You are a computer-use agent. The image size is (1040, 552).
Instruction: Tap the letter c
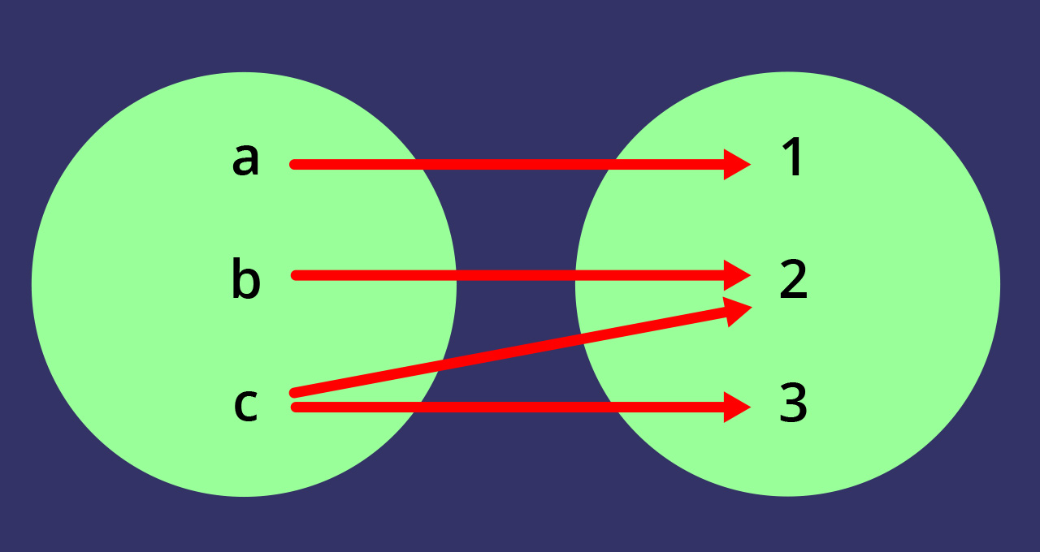tap(245, 404)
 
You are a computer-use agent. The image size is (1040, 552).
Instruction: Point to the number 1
tap(792, 157)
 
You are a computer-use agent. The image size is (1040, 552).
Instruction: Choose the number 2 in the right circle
tap(793, 280)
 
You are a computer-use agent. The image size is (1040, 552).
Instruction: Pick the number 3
tap(793, 403)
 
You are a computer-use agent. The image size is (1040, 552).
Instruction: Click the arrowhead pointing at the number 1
tap(736, 164)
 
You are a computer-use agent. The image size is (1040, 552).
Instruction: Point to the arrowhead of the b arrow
tap(736, 275)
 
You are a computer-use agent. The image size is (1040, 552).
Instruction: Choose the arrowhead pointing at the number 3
tap(736, 407)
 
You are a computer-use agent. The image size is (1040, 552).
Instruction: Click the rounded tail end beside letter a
tap(295, 164)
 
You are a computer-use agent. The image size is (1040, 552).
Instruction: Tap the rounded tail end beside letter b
tap(296, 275)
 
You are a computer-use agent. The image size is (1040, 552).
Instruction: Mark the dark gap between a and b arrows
tap(516, 219)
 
